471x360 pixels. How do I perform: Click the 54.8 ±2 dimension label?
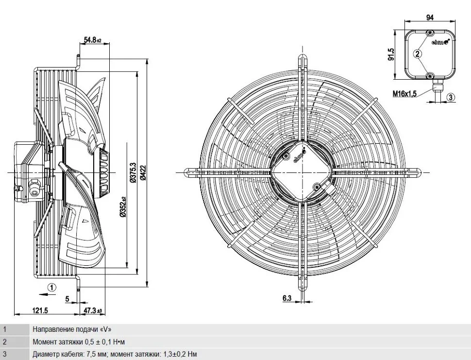click(x=92, y=40)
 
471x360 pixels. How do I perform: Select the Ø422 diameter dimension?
click(x=143, y=172)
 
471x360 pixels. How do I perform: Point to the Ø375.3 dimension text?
click(x=133, y=172)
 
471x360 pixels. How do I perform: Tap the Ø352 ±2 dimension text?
click(x=122, y=207)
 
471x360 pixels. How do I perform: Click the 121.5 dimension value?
click(x=40, y=310)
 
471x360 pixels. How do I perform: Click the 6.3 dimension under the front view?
click(x=287, y=298)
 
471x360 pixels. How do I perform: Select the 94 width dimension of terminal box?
click(x=430, y=17)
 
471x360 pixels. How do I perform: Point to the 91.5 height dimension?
click(x=391, y=54)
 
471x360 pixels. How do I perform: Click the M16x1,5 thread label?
click(x=404, y=94)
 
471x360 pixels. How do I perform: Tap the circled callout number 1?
click(x=52, y=288)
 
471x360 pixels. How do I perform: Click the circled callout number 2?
click(x=418, y=54)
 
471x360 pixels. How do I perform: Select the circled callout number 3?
click(x=451, y=97)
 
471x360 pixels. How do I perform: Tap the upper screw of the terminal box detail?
click(x=430, y=33)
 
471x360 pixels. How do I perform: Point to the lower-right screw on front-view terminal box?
click(x=316, y=187)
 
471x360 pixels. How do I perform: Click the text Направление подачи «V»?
click(x=72, y=329)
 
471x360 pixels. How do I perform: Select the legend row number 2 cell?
click(x=15, y=342)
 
